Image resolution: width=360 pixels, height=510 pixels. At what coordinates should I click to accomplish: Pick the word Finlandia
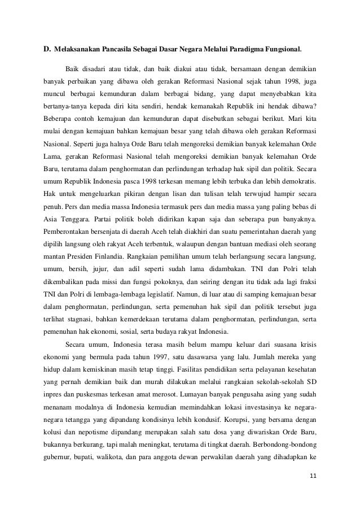click(129, 254)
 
